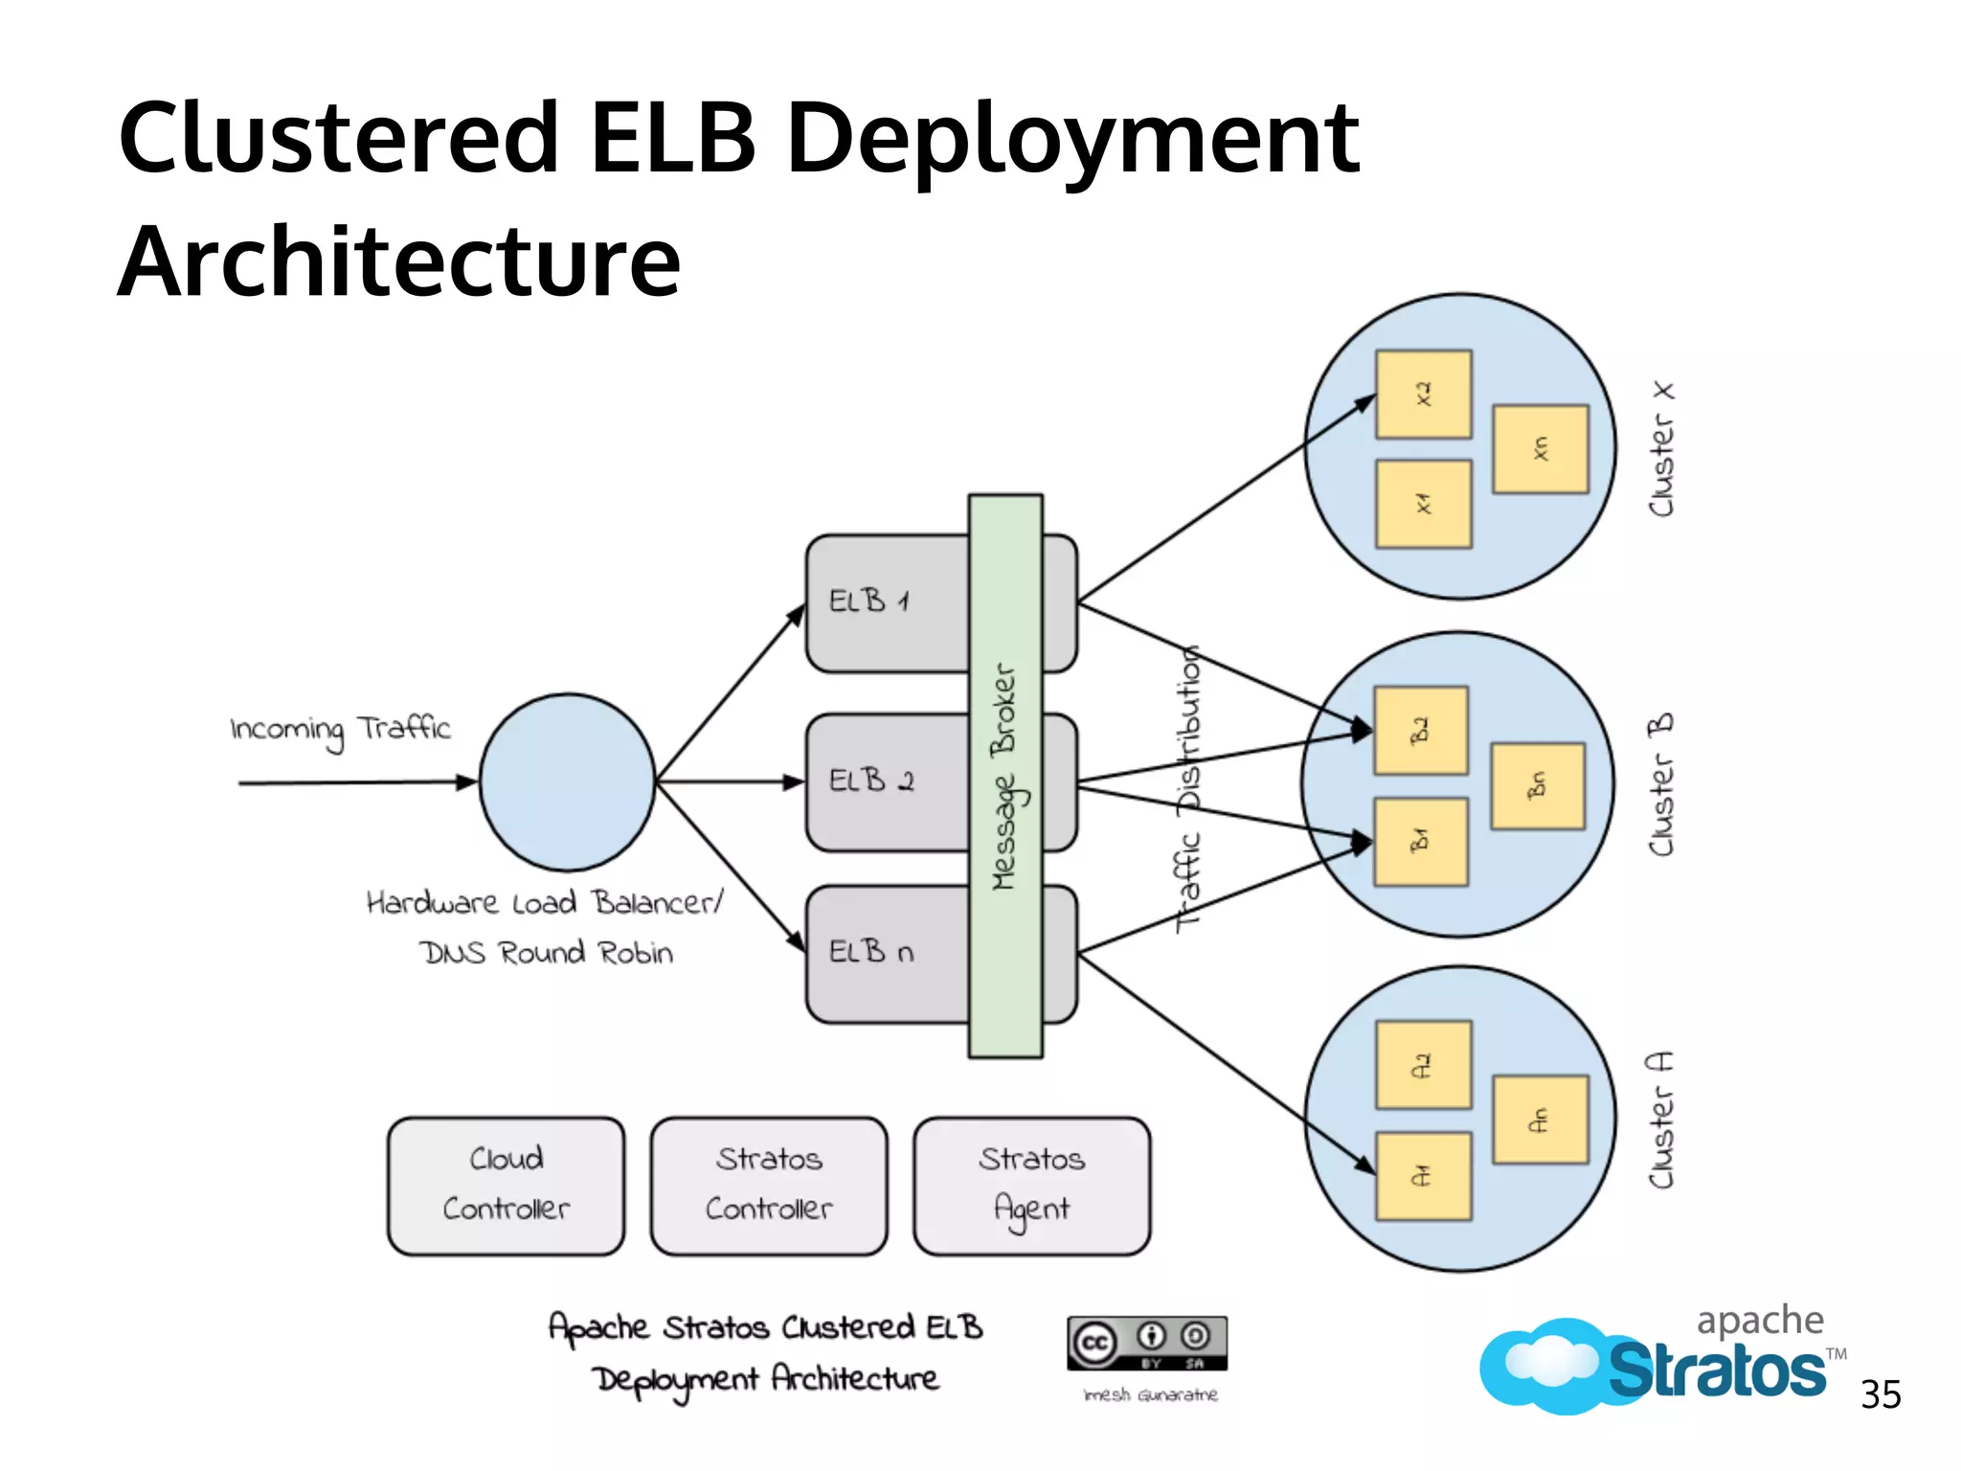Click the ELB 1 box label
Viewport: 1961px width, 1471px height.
click(869, 601)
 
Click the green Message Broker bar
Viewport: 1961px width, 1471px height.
click(1004, 776)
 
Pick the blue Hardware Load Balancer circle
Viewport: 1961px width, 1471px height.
click(568, 782)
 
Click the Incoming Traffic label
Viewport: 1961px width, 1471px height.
click(340, 730)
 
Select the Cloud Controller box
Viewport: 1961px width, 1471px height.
click(506, 1186)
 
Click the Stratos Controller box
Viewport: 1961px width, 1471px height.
click(769, 1186)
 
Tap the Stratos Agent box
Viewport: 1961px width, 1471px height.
click(1031, 1186)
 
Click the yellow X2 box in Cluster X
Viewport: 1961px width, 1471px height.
click(1423, 395)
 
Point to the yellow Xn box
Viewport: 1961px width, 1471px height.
click(1540, 449)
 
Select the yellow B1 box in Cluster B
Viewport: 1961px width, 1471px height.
click(1421, 842)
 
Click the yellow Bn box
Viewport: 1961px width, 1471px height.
click(1538, 786)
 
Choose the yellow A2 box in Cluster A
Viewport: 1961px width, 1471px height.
click(1423, 1065)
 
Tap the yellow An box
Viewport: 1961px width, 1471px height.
click(1540, 1120)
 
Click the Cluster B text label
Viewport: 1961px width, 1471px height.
click(1661, 784)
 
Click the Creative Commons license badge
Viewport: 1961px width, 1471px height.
click(1147, 1344)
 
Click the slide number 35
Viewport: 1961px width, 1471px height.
click(1881, 1395)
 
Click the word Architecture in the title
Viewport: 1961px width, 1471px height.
click(399, 261)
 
